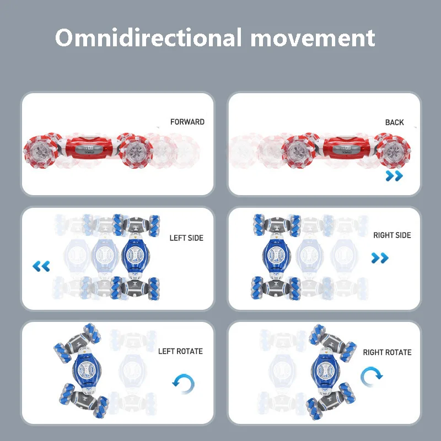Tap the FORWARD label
(187, 122)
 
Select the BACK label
(394, 122)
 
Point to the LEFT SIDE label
(186, 238)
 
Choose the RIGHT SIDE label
(392, 235)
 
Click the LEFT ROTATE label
(180, 351)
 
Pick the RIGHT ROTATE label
(387, 352)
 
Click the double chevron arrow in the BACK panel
(394, 176)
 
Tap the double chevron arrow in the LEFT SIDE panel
(41, 267)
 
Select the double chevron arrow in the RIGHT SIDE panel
(380, 258)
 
